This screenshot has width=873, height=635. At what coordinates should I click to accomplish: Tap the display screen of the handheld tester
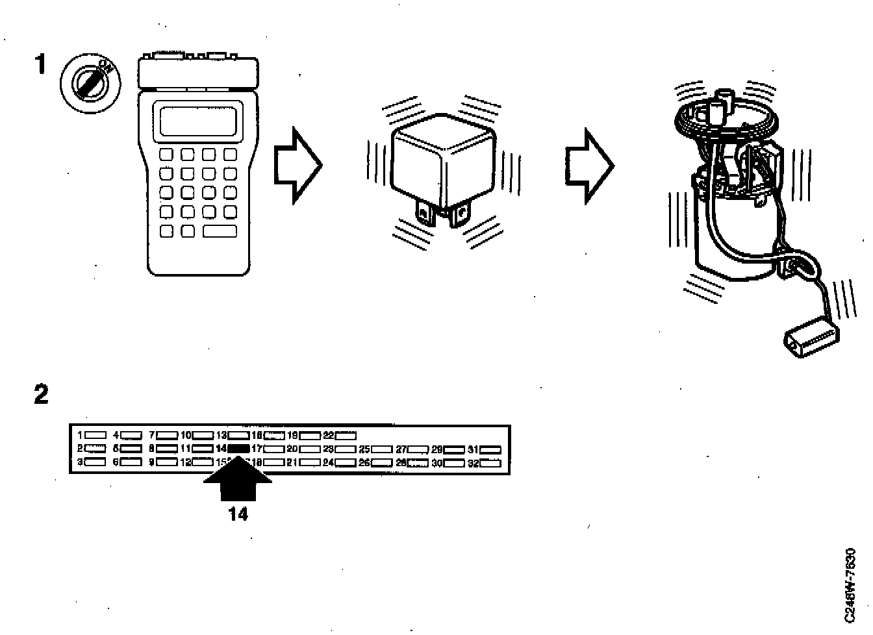click(199, 121)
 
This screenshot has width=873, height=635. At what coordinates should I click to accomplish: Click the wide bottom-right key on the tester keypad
click(220, 231)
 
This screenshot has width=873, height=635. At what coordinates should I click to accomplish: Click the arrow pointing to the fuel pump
click(588, 166)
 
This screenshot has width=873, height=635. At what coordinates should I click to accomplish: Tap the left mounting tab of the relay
click(425, 214)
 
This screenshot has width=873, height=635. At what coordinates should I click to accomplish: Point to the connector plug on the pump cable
click(811, 337)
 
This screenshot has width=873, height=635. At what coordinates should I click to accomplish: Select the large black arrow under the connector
click(238, 481)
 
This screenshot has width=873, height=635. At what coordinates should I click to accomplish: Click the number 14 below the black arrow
click(238, 514)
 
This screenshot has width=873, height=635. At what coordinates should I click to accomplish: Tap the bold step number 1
click(40, 65)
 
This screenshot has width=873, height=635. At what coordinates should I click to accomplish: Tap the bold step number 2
click(41, 393)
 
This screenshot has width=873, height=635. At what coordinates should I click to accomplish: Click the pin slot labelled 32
click(491, 463)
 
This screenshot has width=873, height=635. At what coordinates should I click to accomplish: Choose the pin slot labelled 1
click(96, 435)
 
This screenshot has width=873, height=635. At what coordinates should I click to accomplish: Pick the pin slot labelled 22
click(346, 435)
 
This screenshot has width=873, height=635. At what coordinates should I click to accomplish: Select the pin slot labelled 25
click(382, 449)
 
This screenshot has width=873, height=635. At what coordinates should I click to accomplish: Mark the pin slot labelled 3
click(96, 462)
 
